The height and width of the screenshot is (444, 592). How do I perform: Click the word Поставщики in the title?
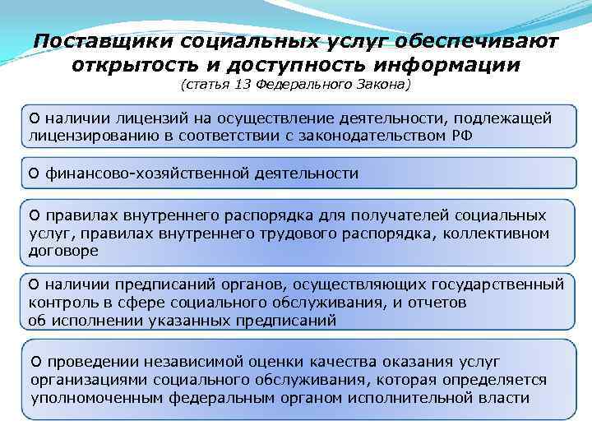101,40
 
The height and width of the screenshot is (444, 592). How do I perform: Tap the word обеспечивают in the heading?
479,40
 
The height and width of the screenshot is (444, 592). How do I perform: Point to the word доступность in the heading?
310,63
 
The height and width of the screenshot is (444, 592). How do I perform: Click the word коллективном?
502,233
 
